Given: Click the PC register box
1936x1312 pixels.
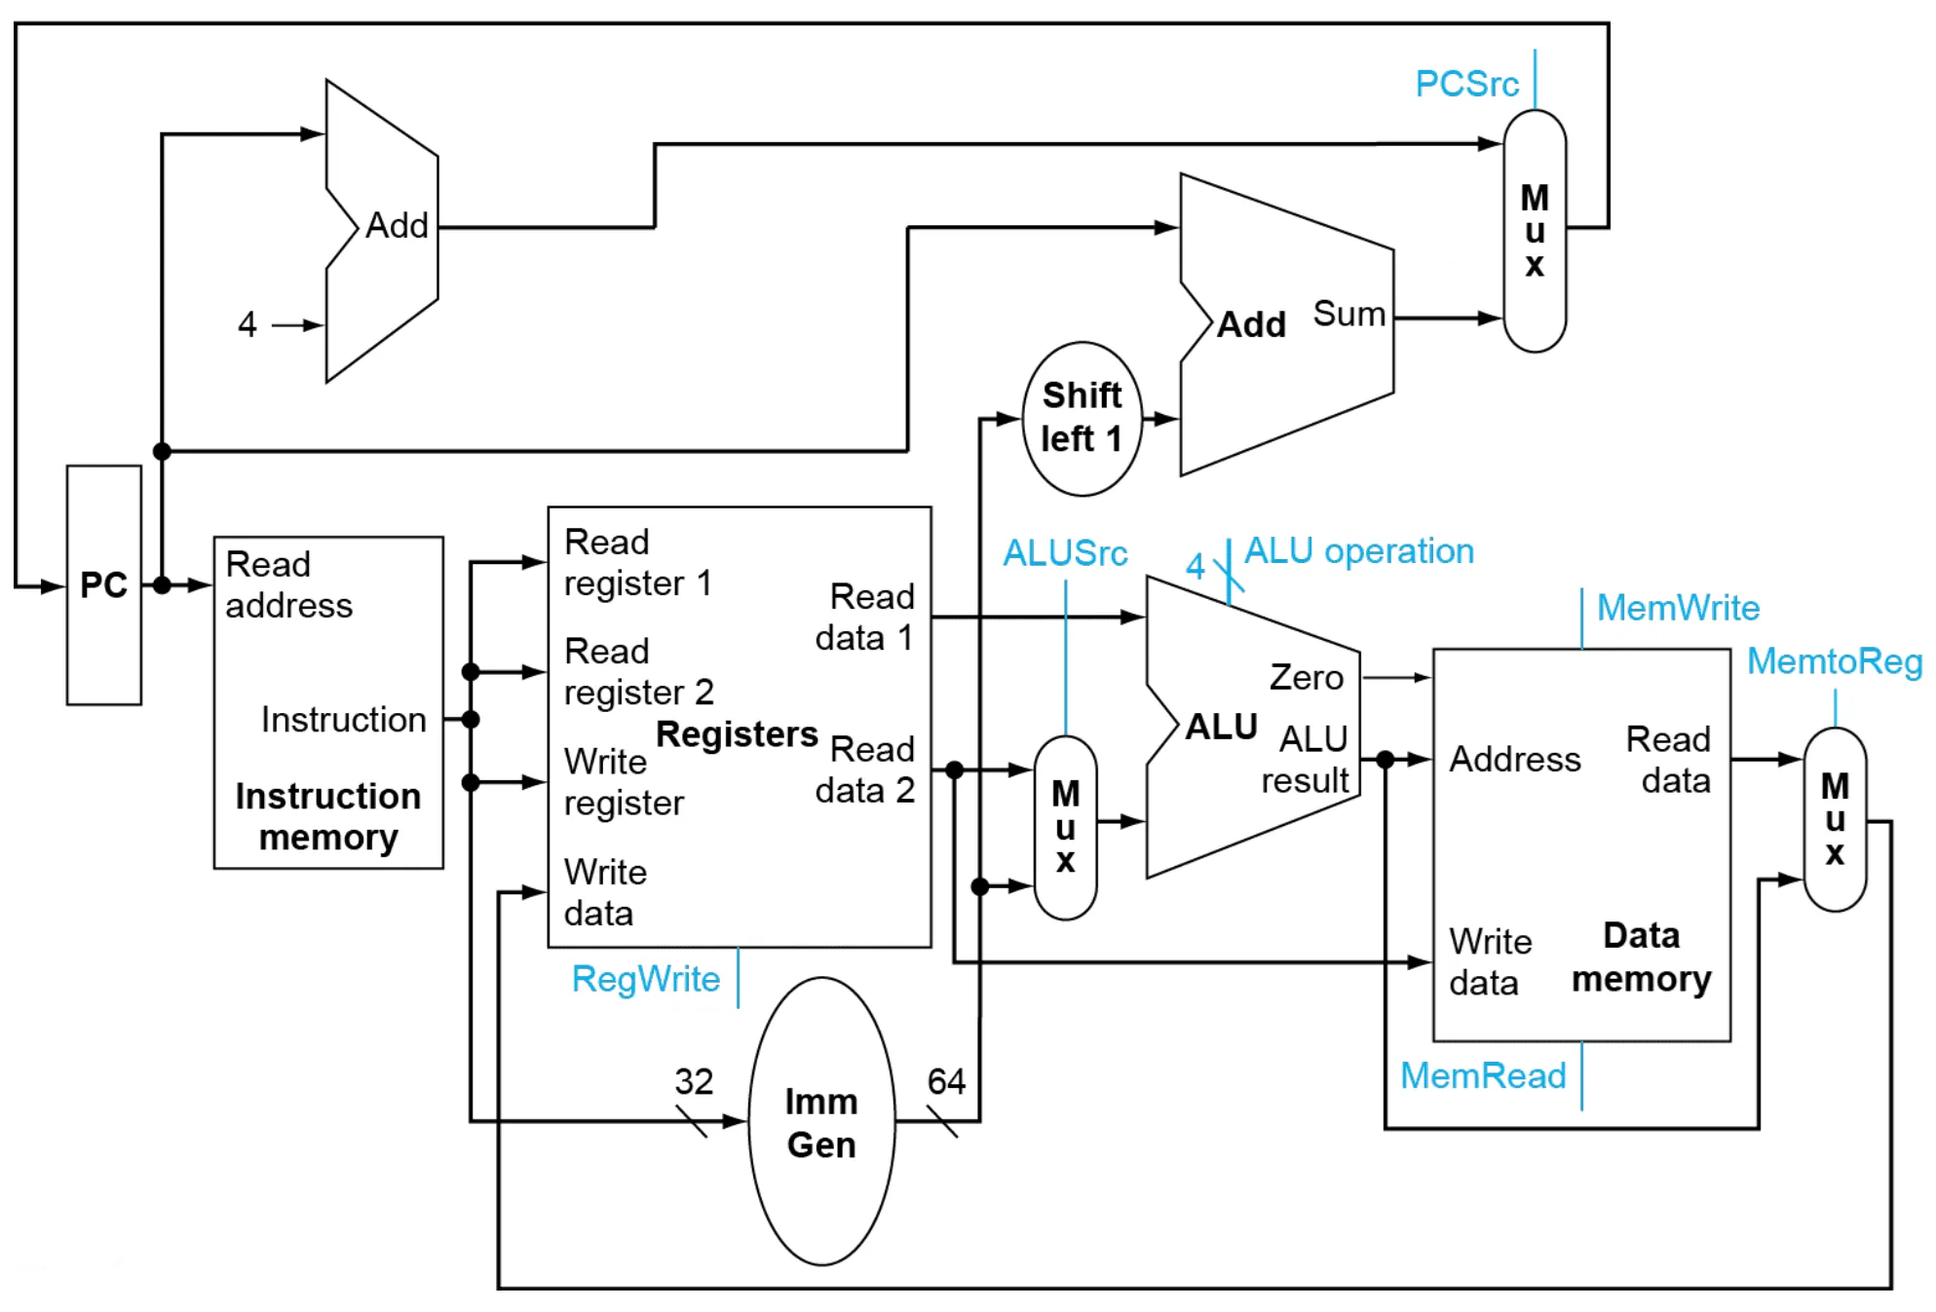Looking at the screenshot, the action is tap(103, 584).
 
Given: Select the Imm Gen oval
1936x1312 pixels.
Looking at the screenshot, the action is tap(821, 1121).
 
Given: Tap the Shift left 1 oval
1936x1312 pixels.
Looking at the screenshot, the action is tap(1082, 418).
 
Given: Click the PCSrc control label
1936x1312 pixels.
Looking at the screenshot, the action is tap(1466, 84).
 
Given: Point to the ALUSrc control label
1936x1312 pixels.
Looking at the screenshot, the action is tap(1065, 553).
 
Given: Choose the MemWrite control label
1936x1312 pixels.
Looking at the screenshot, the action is tap(1678, 608).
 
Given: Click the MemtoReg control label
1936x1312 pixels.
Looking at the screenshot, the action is tap(1835, 661).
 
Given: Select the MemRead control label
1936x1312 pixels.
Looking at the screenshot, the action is tap(1483, 1075).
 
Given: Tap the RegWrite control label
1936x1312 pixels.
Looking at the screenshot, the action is tap(646, 979).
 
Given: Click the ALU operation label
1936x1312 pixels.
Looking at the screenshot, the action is tap(1359, 551).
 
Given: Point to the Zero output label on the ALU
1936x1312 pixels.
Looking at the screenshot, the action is tap(1306, 677).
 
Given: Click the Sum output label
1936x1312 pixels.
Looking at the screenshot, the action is tap(1348, 314).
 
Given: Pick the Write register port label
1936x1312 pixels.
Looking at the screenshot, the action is tap(624, 782).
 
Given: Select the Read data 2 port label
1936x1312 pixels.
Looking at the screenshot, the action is tap(865, 769).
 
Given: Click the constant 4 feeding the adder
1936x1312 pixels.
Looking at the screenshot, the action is tap(247, 324).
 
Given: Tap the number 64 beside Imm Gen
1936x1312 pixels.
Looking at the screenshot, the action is tap(945, 1081).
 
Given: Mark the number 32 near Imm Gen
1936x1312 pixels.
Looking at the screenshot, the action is tap(694, 1081).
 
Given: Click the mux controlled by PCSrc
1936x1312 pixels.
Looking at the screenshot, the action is tap(1535, 231).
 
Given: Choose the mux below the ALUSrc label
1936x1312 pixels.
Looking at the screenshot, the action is tap(1065, 827).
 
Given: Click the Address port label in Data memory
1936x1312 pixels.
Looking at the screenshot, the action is tap(1515, 759).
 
